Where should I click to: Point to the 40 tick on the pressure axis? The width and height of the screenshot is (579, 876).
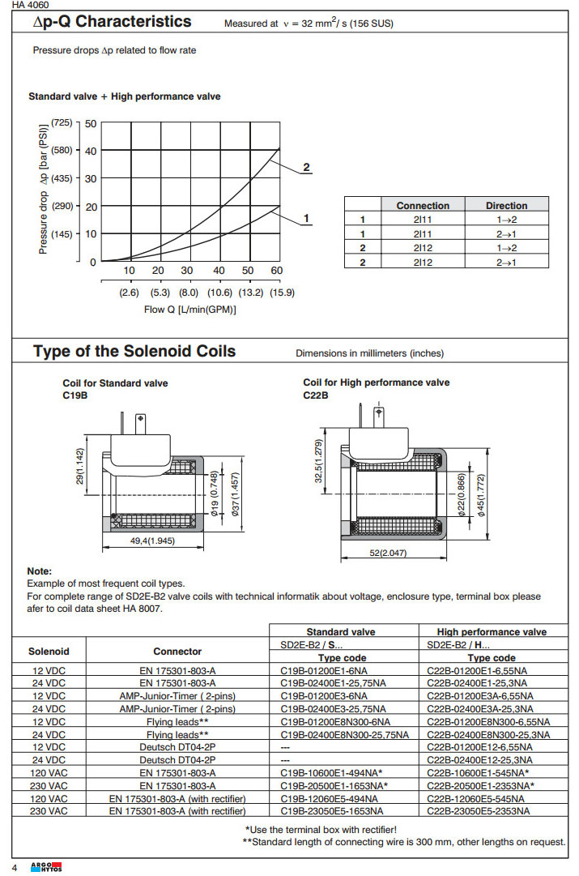pyautogui.click(x=90, y=151)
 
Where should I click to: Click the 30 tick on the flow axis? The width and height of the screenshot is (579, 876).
pyautogui.click(x=187, y=271)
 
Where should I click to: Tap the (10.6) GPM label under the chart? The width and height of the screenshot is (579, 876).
pyautogui.click(x=219, y=293)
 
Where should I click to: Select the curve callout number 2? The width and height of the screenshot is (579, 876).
pyautogui.click(x=306, y=168)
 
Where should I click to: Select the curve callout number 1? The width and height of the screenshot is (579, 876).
pyautogui.click(x=306, y=218)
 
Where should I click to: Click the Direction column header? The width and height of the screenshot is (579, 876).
pyautogui.click(x=506, y=206)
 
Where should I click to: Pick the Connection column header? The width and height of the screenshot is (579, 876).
pyautogui.click(x=423, y=206)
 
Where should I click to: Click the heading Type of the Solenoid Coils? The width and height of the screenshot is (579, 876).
pyautogui.click(x=134, y=352)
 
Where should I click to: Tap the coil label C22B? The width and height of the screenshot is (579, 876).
pyautogui.click(x=316, y=395)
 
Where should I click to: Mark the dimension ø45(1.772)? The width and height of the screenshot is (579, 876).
pyautogui.click(x=481, y=494)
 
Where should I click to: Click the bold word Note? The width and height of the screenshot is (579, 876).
pyautogui.click(x=39, y=571)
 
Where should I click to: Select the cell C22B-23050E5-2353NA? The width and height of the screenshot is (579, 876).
pyautogui.click(x=478, y=810)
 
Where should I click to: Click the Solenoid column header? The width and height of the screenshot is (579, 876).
pyautogui.click(x=49, y=651)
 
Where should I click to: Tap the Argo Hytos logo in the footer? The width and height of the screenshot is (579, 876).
pyautogui.click(x=41, y=867)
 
